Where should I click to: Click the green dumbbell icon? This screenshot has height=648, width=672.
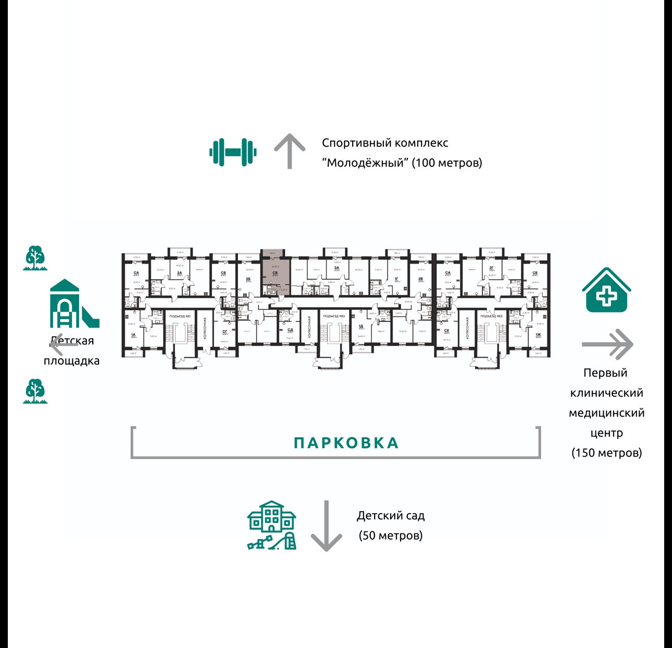point(233,152)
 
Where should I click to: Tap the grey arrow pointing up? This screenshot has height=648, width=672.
point(290,151)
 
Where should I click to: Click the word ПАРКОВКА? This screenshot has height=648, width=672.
point(346,443)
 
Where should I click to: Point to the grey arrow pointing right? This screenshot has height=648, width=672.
point(607,344)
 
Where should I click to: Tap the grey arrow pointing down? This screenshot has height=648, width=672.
point(326,526)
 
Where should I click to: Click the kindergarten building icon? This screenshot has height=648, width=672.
point(271,525)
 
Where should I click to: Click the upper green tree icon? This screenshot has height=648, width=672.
point(35,258)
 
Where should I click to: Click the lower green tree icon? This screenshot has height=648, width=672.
point(35,391)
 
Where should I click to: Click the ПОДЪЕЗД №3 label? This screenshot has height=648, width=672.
point(491,316)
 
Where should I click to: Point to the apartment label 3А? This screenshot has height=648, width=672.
point(337,268)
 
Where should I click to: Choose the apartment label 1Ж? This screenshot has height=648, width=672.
point(538,335)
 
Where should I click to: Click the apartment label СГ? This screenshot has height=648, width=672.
point(225,332)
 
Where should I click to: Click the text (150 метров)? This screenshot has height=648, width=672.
point(606,452)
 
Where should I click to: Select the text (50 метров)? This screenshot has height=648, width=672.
point(391,535)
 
